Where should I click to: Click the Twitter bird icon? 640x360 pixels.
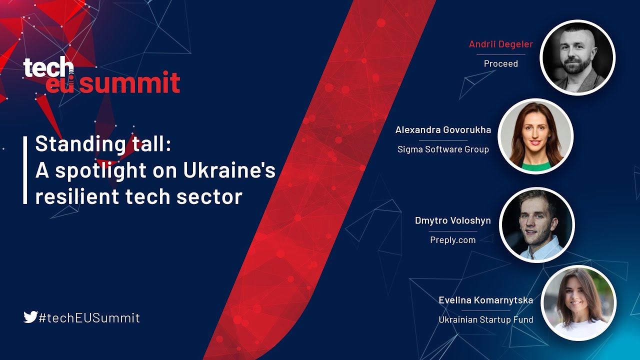coord(30,317)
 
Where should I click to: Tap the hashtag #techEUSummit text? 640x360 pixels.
coord(89,317)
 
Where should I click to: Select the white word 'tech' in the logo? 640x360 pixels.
coord(48,67)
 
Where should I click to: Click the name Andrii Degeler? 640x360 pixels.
coord(500,44)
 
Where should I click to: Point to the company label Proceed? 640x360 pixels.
coord(500,63)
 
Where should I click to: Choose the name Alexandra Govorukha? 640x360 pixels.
coord(443,129)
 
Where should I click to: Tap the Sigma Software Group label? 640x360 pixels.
coord(443,149)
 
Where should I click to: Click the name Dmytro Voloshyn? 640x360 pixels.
coord(452,220)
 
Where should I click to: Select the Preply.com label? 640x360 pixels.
coord(452,240)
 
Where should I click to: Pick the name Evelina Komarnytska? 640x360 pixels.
coord(485,300)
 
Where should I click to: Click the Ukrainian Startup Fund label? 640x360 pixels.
coord(485,319)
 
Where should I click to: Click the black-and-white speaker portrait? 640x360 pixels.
coord(577,57)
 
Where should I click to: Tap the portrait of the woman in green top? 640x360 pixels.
coord(535,136)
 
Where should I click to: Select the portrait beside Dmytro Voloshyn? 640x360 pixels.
coord(537,225)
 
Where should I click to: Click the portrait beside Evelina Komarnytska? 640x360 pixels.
coord(578,303)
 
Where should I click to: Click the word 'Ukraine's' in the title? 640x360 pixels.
coord(229,170)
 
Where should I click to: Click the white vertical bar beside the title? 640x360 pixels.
coord(25,170)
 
